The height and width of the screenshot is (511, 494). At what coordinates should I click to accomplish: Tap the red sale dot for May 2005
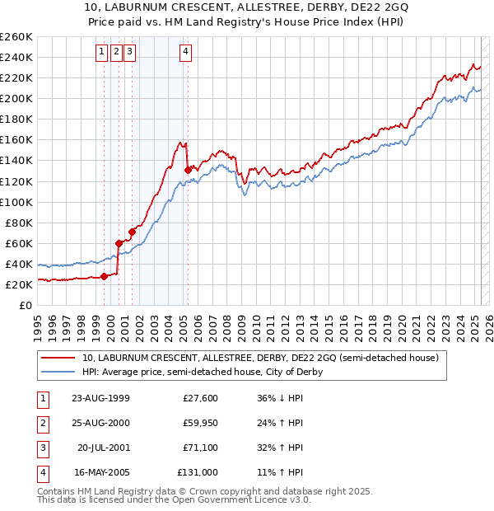(188, 170)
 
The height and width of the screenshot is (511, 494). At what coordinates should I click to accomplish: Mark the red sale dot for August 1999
(105, 277)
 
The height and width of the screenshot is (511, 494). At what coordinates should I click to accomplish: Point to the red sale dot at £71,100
(133, 232)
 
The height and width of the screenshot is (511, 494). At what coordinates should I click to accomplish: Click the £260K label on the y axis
(16, 37)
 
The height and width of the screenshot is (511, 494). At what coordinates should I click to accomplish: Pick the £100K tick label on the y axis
(16, 202)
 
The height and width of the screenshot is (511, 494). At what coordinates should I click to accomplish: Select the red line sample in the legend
(58, 358)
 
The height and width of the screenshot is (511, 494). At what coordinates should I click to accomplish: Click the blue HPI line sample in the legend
(58, 372)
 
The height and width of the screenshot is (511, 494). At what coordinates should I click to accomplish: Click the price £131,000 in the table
(198, 473)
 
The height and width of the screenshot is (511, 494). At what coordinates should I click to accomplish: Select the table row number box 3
(42, 448)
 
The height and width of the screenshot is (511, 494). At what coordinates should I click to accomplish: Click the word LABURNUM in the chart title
(157, 10)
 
